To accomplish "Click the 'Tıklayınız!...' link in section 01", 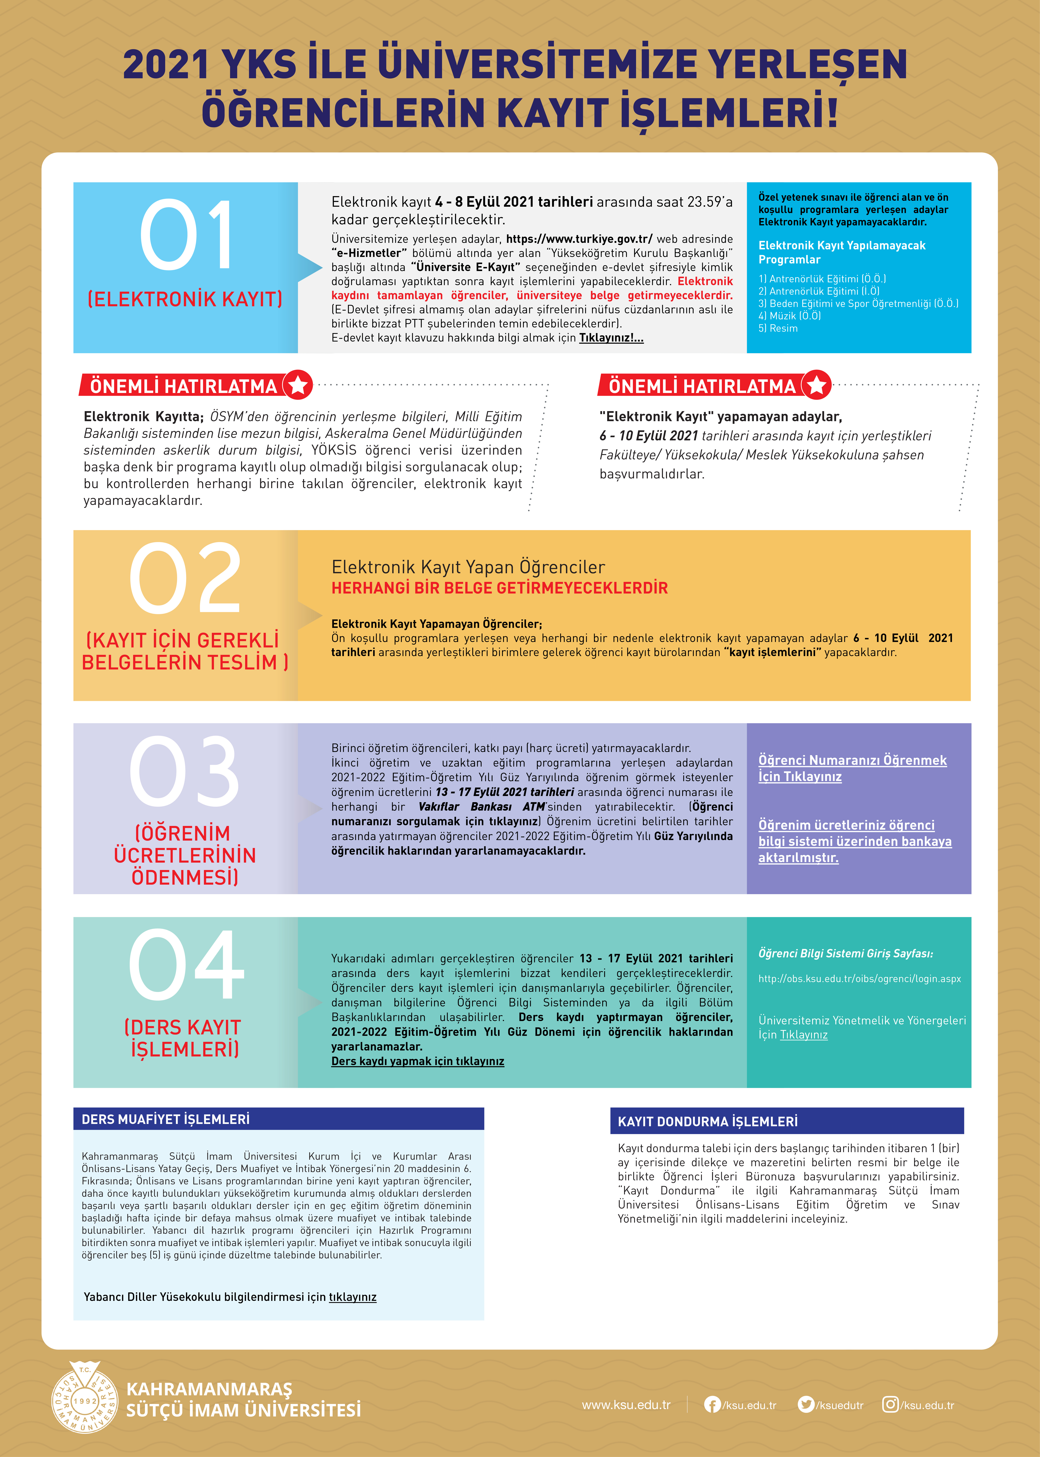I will coord(611,338).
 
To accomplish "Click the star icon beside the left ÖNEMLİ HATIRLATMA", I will coord(298,385).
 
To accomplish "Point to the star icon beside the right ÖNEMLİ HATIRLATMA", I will coord(817,385).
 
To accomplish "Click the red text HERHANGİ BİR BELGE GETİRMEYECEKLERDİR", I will coord(500,588).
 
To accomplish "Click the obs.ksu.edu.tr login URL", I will coord(859,978).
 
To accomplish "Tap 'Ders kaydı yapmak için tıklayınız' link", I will coord(418,1061).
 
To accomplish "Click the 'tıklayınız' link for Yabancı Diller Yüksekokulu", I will coord(352,1297).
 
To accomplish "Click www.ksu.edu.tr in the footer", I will coord(626,1405).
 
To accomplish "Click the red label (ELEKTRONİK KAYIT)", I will coord(185,299).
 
